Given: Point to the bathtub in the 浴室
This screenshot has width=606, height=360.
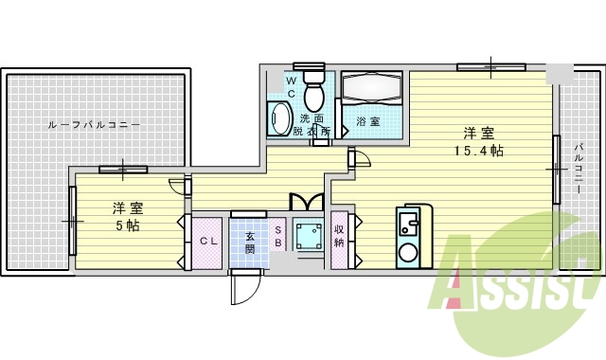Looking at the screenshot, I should click(371, 91).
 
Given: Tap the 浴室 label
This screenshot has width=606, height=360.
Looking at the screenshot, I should click(367, 121).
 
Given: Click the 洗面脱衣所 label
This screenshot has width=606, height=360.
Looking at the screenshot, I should click(314, 125).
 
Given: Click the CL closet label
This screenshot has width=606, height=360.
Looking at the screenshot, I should click(208, 242).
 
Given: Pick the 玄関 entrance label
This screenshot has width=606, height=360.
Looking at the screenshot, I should click(250, 242).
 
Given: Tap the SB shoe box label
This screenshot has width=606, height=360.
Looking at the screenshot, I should click(279, 237).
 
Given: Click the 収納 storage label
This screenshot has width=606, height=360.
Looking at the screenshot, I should click(339, 236).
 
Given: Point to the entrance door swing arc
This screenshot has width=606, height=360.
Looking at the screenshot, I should click(243, 289).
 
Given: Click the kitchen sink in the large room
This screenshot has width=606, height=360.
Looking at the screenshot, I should click(409, 224).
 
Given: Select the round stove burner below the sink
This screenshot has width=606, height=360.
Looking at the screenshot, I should click(409, 253).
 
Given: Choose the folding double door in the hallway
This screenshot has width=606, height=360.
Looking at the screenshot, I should click(307, 202).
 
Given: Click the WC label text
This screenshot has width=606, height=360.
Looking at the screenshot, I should click(292, 88).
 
